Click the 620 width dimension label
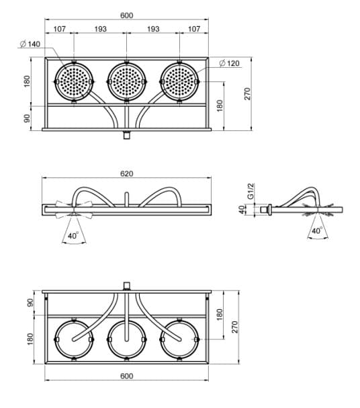pos(126,173)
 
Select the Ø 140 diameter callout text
pos(30,44)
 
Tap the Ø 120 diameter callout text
pos(229,63)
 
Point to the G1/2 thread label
pos(251,191)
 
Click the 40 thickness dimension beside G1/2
pos(242,210)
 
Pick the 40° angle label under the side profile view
pos(317,231)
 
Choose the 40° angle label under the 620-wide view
pos(73,236)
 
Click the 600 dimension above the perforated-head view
pos(126,15)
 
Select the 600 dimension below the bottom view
pos(126,376)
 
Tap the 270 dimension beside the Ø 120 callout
pos(247,93)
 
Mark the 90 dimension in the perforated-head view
pos(27,118)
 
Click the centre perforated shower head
pos(126,82)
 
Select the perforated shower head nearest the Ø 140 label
pos(74,82)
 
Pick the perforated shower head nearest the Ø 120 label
pos(179,82)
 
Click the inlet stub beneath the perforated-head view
pos(126,135)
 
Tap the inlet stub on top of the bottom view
pos(126,286)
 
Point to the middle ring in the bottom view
pos(126,321)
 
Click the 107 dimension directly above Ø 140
pos(60,29)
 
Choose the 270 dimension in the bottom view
pos(234,327)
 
